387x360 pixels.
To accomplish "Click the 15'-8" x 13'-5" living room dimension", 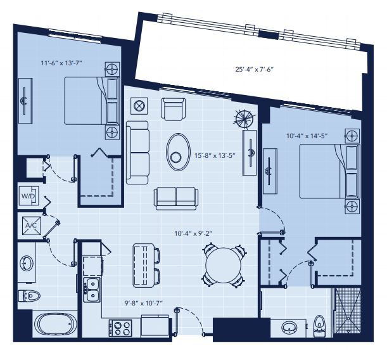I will [215, 155].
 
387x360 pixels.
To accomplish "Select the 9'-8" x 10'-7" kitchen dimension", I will [143, 304].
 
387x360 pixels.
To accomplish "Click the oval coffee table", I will [178, 151].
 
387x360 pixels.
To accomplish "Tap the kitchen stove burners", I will [120, 328].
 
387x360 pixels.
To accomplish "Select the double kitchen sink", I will [92, 289].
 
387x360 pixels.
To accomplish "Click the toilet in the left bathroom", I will [29, 295].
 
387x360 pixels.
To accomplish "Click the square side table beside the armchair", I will [139, 105].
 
